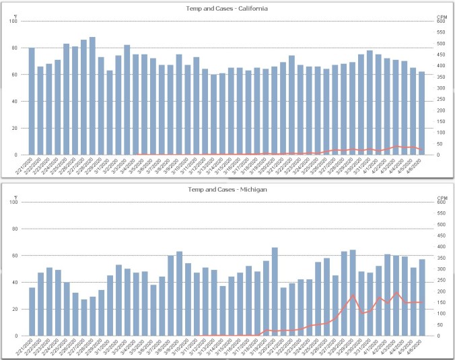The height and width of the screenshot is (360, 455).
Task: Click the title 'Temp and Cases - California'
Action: pos(227,8)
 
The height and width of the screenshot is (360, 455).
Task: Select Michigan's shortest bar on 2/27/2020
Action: pos(83,318)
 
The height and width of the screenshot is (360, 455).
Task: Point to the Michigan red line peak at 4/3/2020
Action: pos(396,293)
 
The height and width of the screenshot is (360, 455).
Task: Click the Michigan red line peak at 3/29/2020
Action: pos(353,295)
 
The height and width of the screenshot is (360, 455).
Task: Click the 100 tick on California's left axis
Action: pos(14,21)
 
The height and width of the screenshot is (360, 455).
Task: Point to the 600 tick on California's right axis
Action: pos(442,21)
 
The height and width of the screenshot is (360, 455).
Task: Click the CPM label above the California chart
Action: pos(442,15)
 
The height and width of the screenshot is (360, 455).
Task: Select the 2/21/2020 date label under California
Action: pos(28,166)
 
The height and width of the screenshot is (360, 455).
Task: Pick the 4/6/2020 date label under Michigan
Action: pos(418,346)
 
